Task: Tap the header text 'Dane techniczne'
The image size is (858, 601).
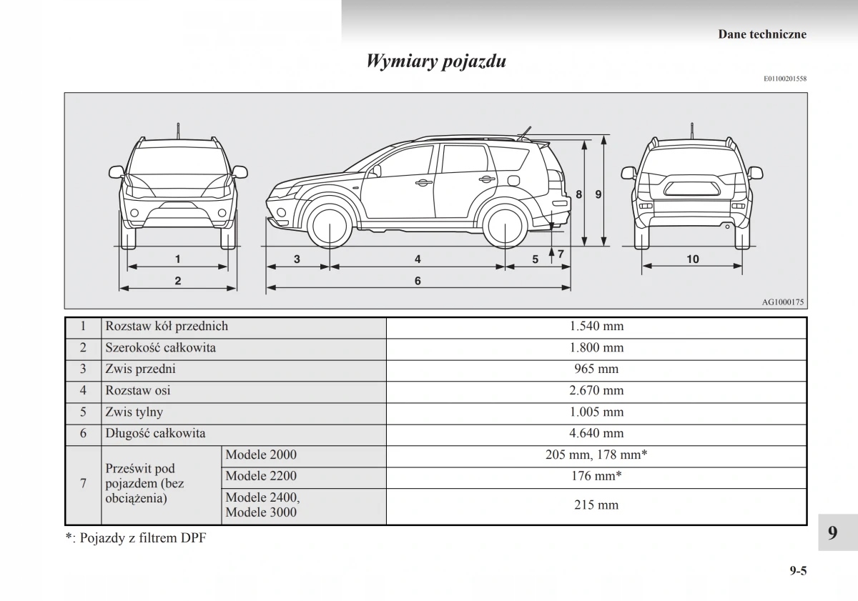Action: coord(761,34)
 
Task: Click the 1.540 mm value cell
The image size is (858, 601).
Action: coord(596,327)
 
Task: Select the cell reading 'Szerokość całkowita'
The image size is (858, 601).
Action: coord(160,348)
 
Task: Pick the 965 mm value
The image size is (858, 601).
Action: coord(596,369)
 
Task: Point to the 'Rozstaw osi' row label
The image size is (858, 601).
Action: coord(138,391)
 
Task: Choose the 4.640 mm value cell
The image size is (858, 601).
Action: coord(596,433)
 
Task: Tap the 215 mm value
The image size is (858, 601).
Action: coord(596,505)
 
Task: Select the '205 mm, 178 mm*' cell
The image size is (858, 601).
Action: coord(596,455)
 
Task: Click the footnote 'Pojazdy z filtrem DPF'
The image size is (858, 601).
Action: coord(142,538)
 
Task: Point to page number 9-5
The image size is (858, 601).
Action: coord(798,570)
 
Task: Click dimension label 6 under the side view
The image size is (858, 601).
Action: coord(418,281)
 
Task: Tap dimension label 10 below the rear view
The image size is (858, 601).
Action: coord(692,259)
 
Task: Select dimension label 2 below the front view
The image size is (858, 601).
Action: coord(177,281)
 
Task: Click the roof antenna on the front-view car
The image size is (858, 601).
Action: coord(178,131)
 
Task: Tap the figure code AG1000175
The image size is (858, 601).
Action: coord(783,302)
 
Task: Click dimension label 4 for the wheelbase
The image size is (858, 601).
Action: coord(418,259)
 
